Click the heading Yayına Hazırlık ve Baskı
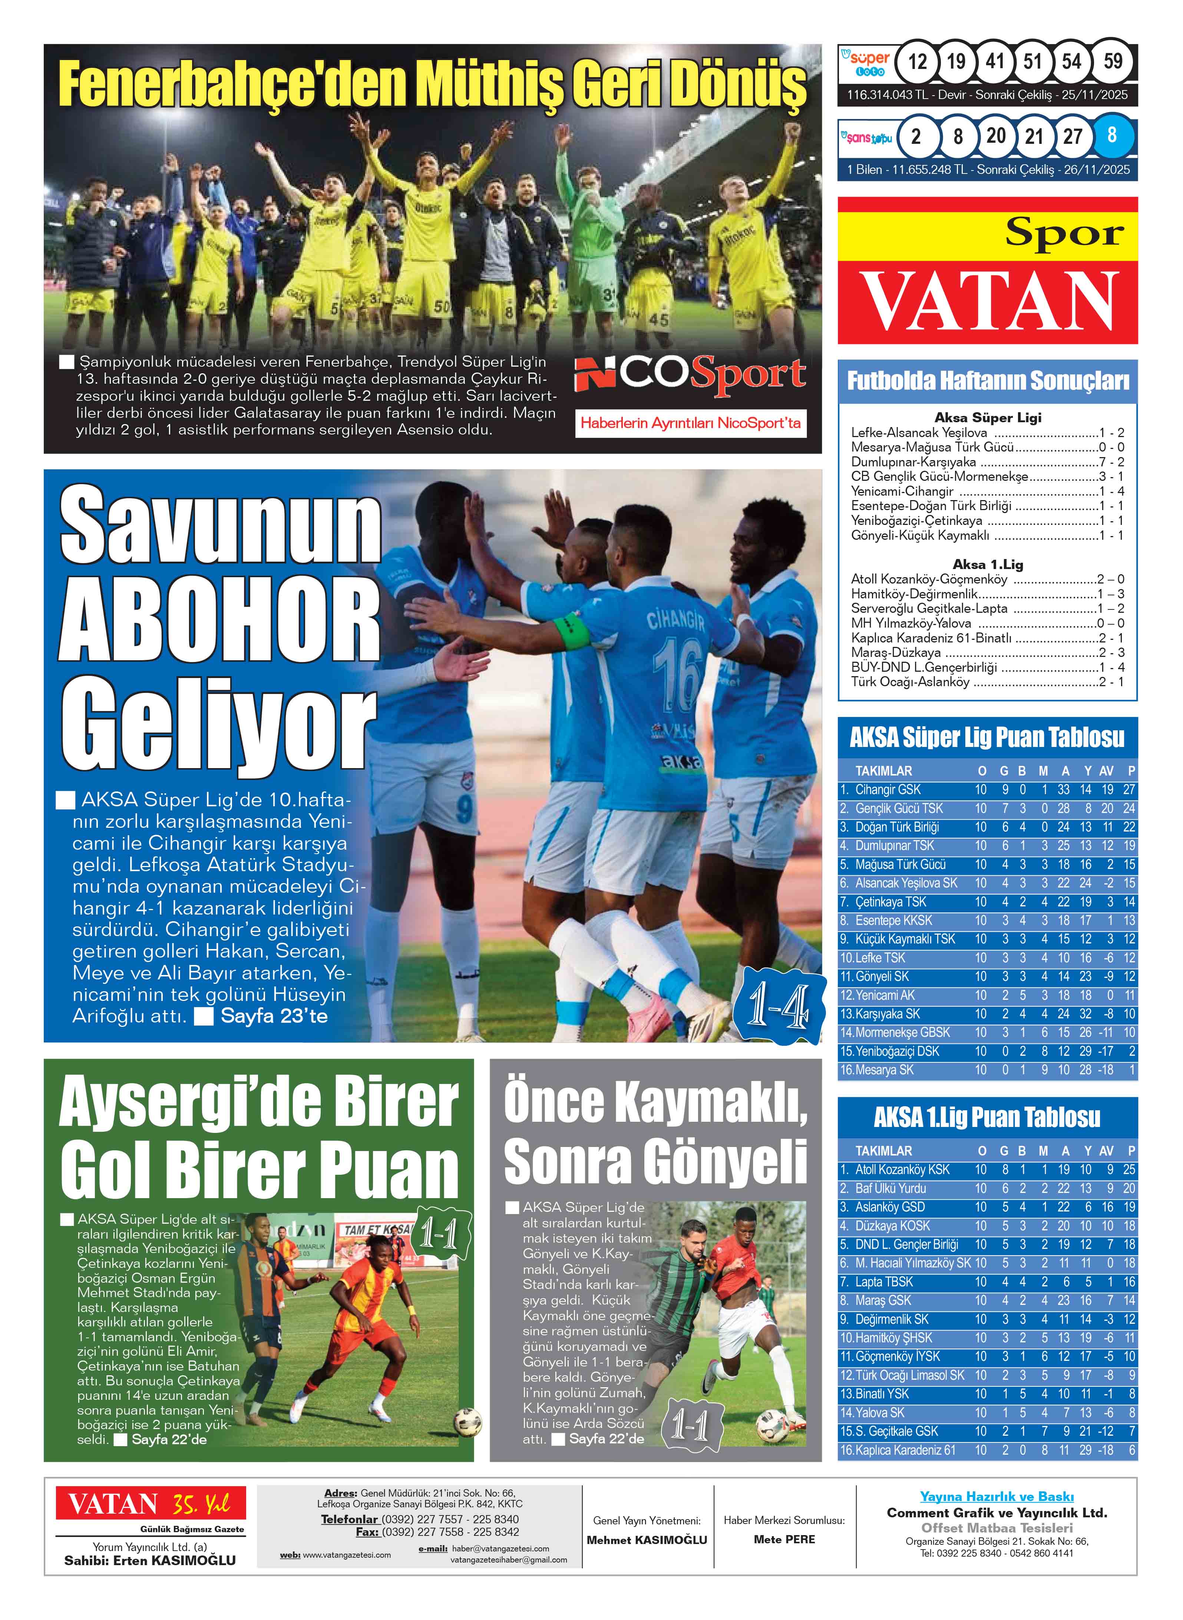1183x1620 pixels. (997, 1496)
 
